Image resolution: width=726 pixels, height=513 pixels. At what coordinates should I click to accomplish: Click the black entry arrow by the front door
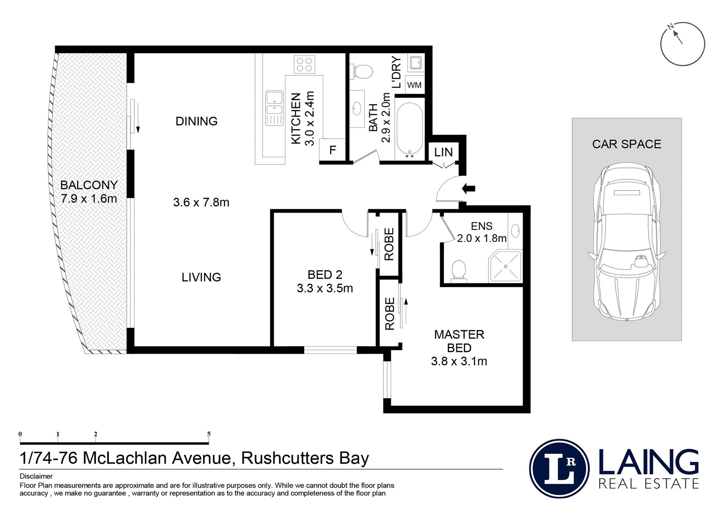tap(468, 188)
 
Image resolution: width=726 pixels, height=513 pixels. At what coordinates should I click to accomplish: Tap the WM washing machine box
tap(414, 85)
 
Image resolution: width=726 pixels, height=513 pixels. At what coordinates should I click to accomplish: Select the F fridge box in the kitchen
tap(332, 150)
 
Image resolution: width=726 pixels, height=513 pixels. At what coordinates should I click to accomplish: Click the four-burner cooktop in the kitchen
tap(304, 64)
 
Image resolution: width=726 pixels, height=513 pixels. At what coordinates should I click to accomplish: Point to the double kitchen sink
tap(274, 108)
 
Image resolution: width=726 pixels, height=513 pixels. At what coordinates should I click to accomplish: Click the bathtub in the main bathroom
tap(410, 129)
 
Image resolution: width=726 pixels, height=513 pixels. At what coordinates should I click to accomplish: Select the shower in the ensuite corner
tap(505, 267)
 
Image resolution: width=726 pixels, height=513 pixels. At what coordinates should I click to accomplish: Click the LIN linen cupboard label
tap(443, 152)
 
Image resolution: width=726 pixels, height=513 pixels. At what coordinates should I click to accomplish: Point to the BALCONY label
tap(89, 185)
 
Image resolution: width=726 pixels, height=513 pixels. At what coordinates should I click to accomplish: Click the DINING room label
tap(197, 121)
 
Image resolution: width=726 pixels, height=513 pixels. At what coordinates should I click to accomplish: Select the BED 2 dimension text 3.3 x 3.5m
tap(325, 288)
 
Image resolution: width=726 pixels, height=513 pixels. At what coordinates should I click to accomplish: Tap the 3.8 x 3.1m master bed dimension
tap(459, 361)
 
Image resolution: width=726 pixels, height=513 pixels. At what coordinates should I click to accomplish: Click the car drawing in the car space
tap(627, 242)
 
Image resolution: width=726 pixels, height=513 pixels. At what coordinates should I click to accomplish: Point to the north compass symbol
tap(683, 44)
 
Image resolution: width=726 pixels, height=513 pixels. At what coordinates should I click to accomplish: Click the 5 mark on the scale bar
tap(209, 434)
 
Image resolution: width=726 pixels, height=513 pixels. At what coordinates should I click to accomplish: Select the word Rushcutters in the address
tap(288, 458)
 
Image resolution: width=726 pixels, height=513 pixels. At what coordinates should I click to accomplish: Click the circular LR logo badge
tap(559, 469)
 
